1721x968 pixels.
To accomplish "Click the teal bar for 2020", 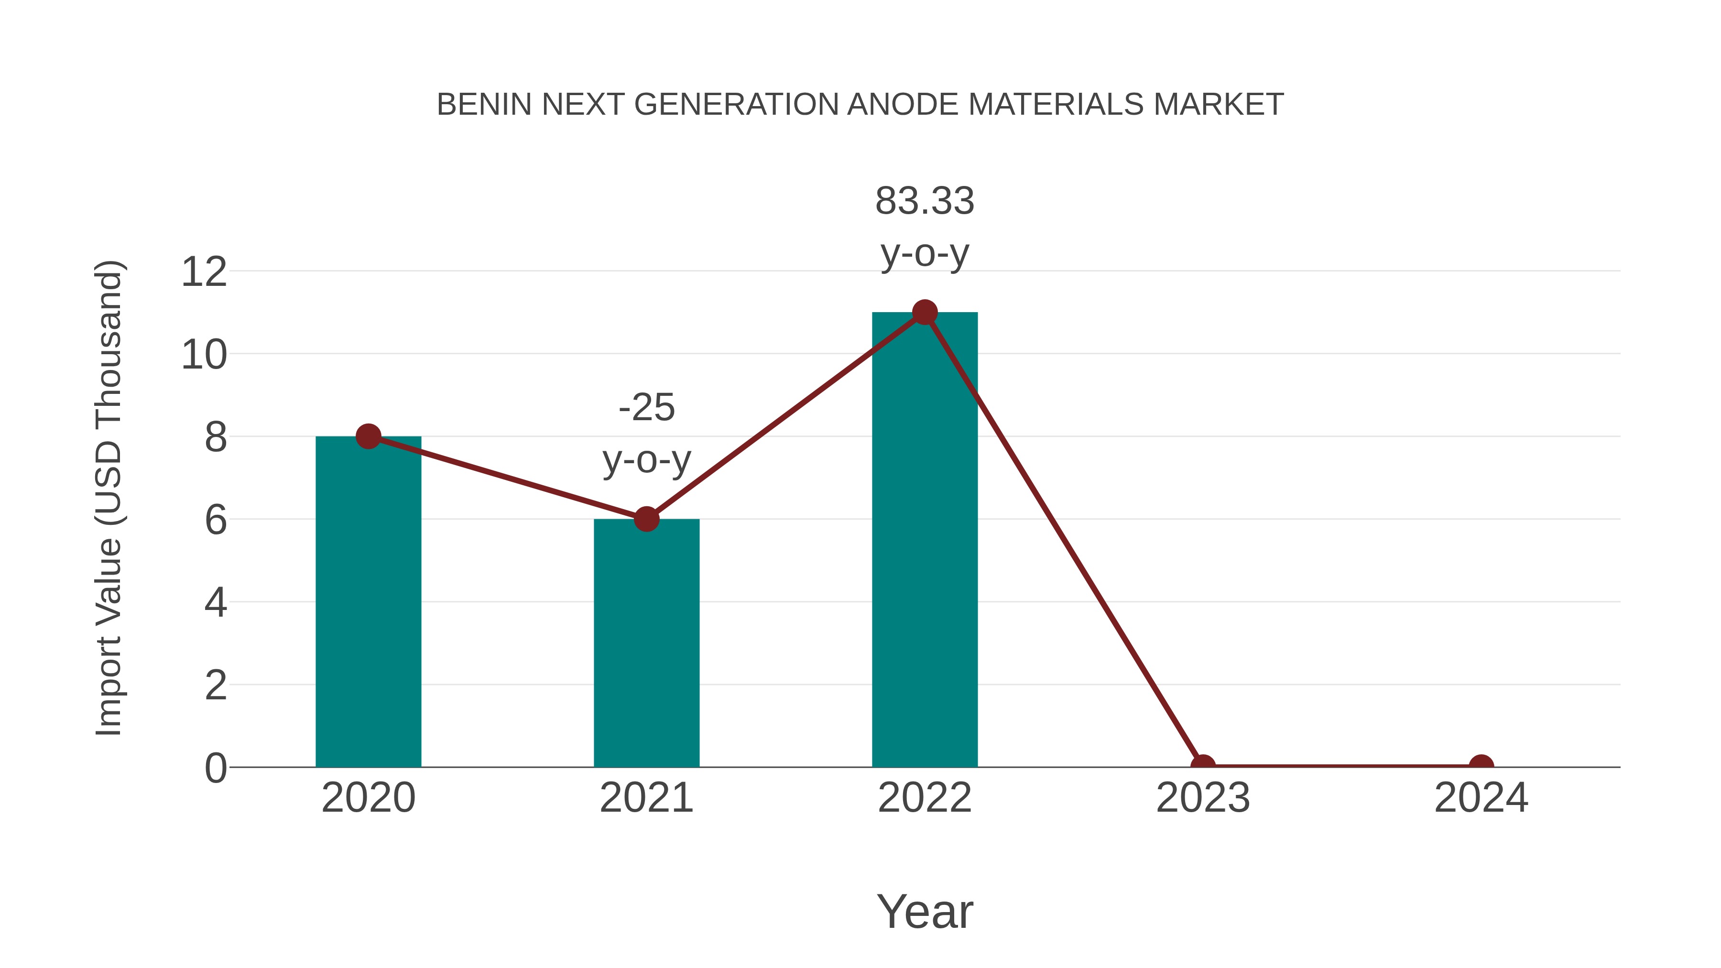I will (x=368, y=601).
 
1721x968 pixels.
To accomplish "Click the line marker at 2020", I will (x=368, y=436).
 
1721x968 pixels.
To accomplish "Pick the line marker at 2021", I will (x=646, y=518).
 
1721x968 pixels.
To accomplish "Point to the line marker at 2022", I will (x=925, y=312).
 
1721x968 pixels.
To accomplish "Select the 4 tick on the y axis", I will (x=216, y=603).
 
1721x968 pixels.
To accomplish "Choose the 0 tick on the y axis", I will (x=216, y=768).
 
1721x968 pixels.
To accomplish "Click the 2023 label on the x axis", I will (x=1203, y=798).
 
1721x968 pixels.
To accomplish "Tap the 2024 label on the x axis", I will (x=1481, y=798).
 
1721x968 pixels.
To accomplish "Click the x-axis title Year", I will (x=925, y=911).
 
